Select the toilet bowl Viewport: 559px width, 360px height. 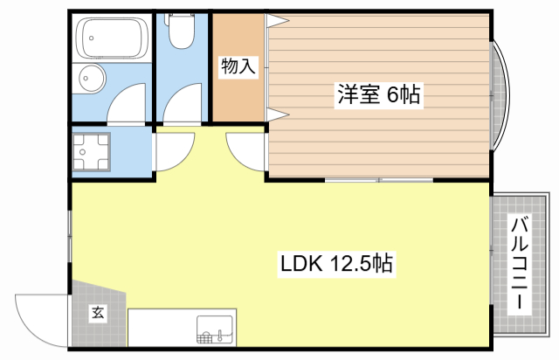(x=182, y=33)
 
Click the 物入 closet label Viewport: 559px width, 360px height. (x=238, y=66)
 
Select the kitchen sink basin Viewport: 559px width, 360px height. (x=215, y=329)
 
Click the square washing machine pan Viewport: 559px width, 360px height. (x=92, y=153)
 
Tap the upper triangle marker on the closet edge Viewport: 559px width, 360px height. (x=277, y=19)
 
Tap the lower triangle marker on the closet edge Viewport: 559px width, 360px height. (x=277, y=114)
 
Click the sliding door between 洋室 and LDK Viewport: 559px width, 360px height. (x=380, y=180)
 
